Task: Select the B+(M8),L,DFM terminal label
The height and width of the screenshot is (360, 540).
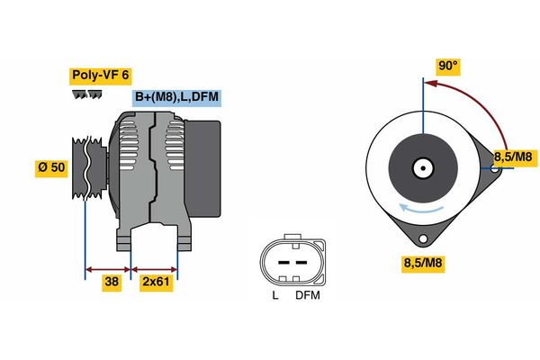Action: coord(175,97)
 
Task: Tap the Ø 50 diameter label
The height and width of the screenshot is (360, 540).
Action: coord(50,169)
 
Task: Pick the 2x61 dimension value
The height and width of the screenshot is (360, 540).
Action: coord(156,283)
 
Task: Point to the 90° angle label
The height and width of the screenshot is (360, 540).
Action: coord(447,66)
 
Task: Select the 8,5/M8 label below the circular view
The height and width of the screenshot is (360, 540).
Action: coord(423,263)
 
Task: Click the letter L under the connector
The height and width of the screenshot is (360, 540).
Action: coord(274,295)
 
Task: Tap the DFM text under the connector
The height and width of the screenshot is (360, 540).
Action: coord(306,295)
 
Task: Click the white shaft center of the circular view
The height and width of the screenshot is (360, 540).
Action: coord(421,168)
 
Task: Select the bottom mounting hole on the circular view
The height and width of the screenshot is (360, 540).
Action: coord(424,239)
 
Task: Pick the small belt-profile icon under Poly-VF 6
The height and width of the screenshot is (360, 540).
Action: coord(85,94)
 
